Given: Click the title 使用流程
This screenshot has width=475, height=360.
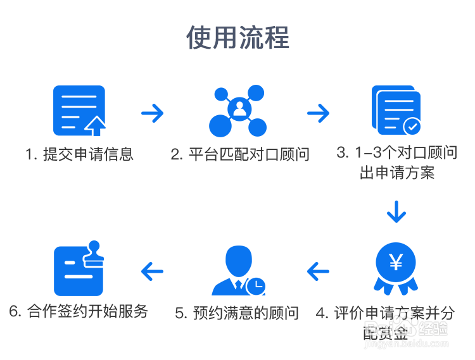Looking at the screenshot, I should click(237, 38).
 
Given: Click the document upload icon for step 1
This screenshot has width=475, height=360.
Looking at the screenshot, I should click(79, 110).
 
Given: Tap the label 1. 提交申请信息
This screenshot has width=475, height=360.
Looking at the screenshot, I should click(80, 154).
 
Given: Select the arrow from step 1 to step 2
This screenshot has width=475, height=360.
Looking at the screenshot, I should click(153, 113).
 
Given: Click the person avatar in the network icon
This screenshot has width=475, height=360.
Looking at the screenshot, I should click(239, 110).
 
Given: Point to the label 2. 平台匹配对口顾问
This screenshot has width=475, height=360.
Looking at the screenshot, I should click(240, 154).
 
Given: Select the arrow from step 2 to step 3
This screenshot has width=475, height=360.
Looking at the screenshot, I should click(319, 113).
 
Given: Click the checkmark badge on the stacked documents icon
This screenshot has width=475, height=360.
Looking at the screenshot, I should click(412, 126).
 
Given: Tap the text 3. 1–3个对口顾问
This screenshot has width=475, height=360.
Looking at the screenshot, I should click(396, 152).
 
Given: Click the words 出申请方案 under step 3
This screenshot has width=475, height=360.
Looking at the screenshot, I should click(397, 172).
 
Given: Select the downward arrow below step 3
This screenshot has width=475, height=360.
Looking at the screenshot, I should click(396, 212).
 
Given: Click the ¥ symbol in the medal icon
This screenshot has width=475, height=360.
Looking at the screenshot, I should click(396, 262).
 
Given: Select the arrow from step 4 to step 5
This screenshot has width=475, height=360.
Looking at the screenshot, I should click(319, 271).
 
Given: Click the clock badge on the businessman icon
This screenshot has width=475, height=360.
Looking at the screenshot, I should click(256, 286).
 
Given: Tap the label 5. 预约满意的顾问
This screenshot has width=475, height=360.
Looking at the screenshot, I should click(237, 313).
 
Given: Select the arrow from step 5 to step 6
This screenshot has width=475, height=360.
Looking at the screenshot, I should click(152, 271).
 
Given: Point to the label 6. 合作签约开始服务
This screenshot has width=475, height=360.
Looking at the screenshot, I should click(79, 311).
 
